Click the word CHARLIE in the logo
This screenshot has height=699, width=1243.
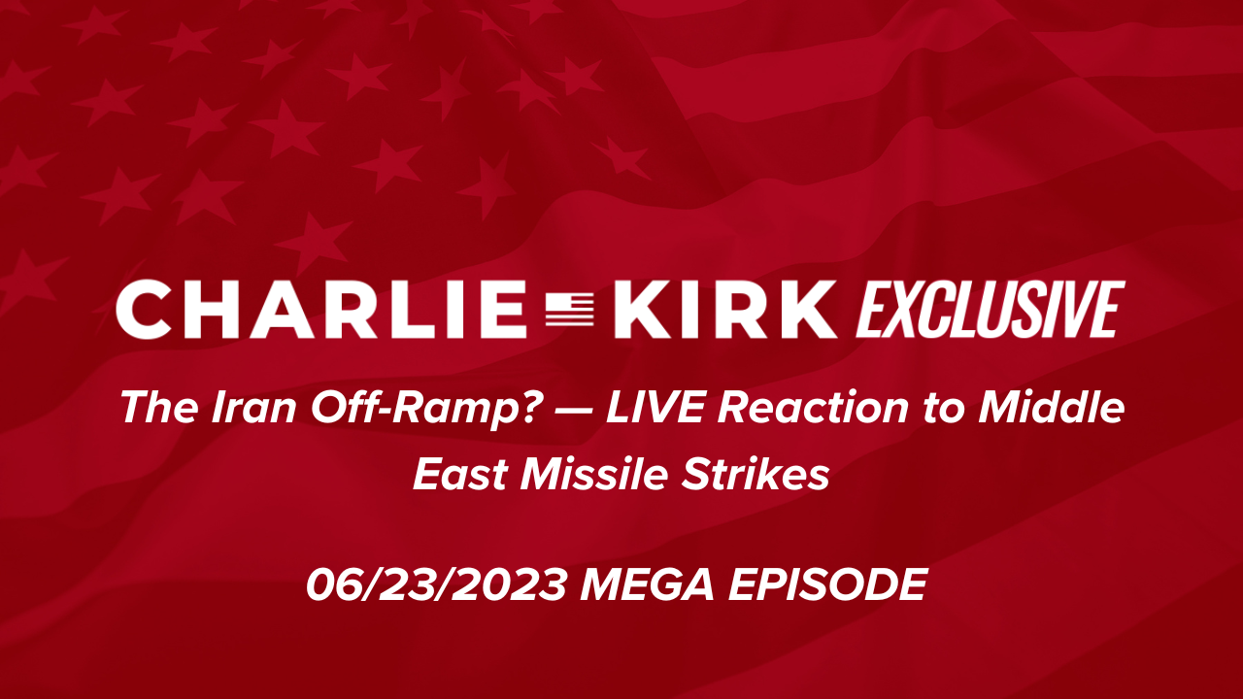coord(321,309)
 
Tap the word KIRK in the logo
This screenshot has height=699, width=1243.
coord(725,309)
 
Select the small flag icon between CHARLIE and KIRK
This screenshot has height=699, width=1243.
coord(570,309)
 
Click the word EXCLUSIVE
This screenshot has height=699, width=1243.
coord(991,309)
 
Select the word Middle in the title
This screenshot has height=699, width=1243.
coord(1052,407)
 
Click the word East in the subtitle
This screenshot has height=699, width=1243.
coord(460,475)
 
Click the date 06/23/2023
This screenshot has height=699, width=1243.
coord(436,584)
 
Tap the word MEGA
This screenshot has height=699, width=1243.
coord(647,584)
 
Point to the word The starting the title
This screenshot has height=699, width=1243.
coord(159,408)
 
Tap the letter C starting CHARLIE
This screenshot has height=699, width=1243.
coord(142,309)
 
